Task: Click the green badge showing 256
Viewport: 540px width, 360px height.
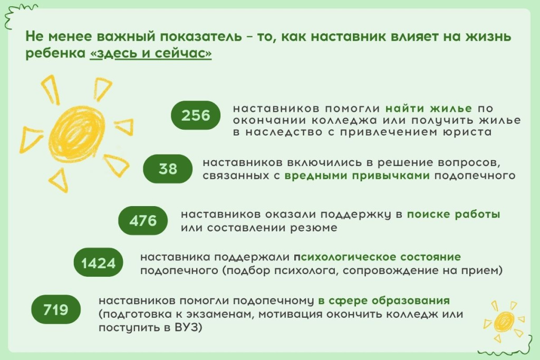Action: point(196,115)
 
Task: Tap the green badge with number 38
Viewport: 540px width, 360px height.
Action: point(168,169)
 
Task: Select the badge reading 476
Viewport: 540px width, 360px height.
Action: point(143,220)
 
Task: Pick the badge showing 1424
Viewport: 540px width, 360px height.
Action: point(98,262)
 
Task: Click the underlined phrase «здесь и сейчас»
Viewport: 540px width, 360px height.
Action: point(151,55)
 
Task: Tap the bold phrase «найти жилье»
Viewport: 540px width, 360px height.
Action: point(428,109)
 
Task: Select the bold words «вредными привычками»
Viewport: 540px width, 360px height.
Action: point(357,176)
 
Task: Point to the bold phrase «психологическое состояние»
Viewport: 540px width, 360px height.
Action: point(378,257)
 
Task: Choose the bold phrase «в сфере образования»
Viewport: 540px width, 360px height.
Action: point(383,301)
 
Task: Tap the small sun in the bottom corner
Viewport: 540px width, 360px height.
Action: point(505,320)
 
